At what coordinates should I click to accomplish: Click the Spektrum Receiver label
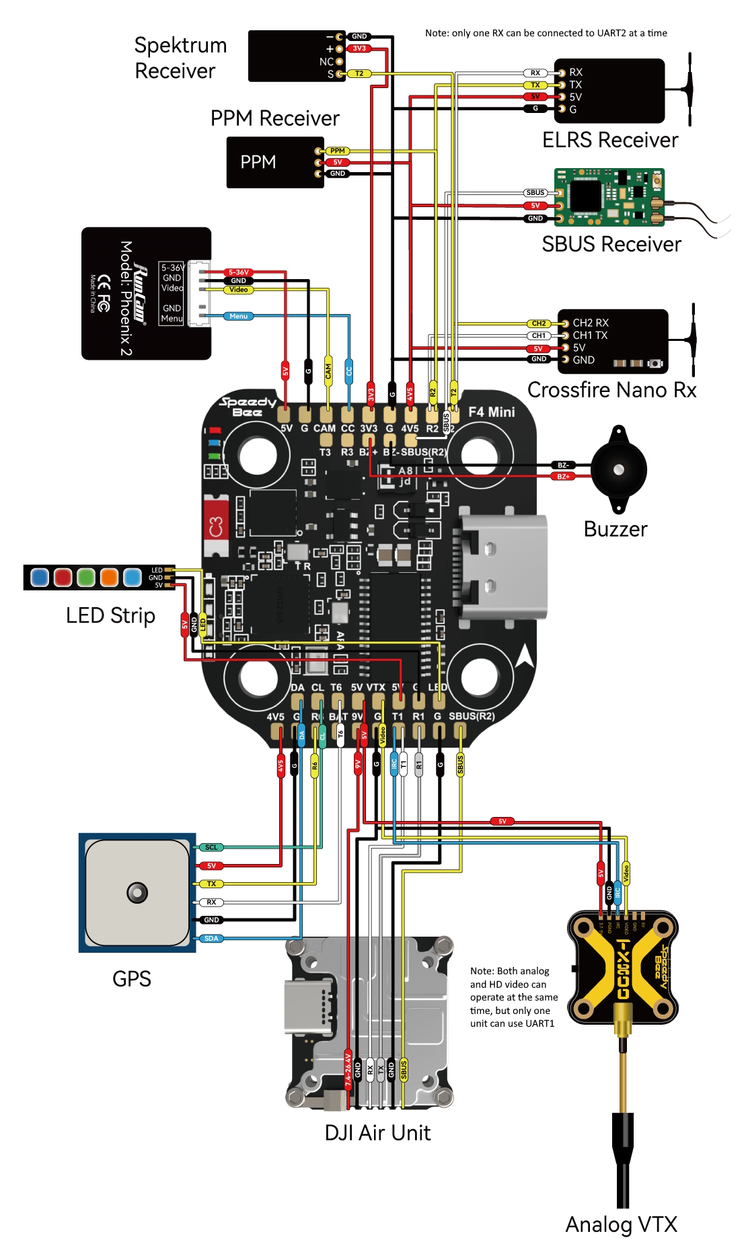click(180, 58)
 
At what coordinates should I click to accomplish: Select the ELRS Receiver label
click(610, 140)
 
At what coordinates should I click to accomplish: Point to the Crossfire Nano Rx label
click(611, 390)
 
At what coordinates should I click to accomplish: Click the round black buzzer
click(619, 469)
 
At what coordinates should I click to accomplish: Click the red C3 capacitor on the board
click(216, 526)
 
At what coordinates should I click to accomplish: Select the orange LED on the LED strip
click(109, 577)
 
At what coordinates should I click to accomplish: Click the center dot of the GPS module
click(137, 893)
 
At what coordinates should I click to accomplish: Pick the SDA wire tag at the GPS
click(211, 939)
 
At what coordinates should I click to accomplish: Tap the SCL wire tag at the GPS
click(211, 848)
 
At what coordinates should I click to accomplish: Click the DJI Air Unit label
click(377, 1133)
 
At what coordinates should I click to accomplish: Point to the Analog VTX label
click(621, 1224)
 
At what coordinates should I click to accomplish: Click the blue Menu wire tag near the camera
click(239, 316)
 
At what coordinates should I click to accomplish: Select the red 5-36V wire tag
click(239, 272)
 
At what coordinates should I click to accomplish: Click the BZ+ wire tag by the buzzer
click(563, 477)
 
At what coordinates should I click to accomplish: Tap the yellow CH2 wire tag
click(539, 323)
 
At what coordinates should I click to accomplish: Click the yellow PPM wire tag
click(338, 151)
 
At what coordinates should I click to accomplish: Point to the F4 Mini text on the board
click(492, 412)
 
